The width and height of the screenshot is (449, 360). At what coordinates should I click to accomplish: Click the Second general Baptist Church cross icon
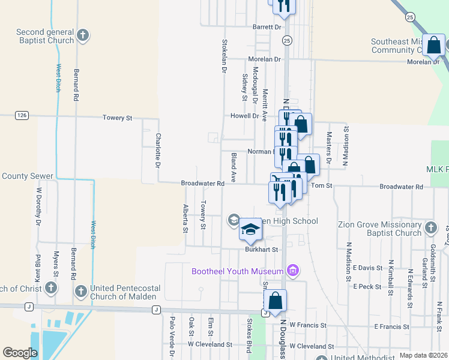(83, 36)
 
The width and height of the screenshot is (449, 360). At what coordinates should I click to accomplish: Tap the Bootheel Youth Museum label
(238, 271)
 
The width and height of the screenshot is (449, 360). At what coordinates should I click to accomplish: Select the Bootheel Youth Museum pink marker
(293, 271)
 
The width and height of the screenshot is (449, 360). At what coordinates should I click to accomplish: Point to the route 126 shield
(22, 115)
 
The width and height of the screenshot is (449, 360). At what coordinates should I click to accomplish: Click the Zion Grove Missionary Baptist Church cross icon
(430, 227)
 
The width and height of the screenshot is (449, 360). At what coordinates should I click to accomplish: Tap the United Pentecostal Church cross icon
(81, 291)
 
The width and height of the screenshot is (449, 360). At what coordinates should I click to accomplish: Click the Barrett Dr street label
(267, 27)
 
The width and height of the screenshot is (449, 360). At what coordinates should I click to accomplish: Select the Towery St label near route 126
(117, 118)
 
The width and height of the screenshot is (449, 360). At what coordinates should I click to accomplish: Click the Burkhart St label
(262, 249)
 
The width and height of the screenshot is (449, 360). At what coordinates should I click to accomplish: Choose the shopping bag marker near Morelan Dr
(433, 45)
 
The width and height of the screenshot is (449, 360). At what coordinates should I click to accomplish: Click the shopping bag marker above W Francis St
(275, 301)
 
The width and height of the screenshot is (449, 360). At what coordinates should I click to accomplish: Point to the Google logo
(20, 353)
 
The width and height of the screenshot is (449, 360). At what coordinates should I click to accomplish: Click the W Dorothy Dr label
(38, 206)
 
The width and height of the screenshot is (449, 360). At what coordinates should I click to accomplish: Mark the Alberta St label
(185, 218)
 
